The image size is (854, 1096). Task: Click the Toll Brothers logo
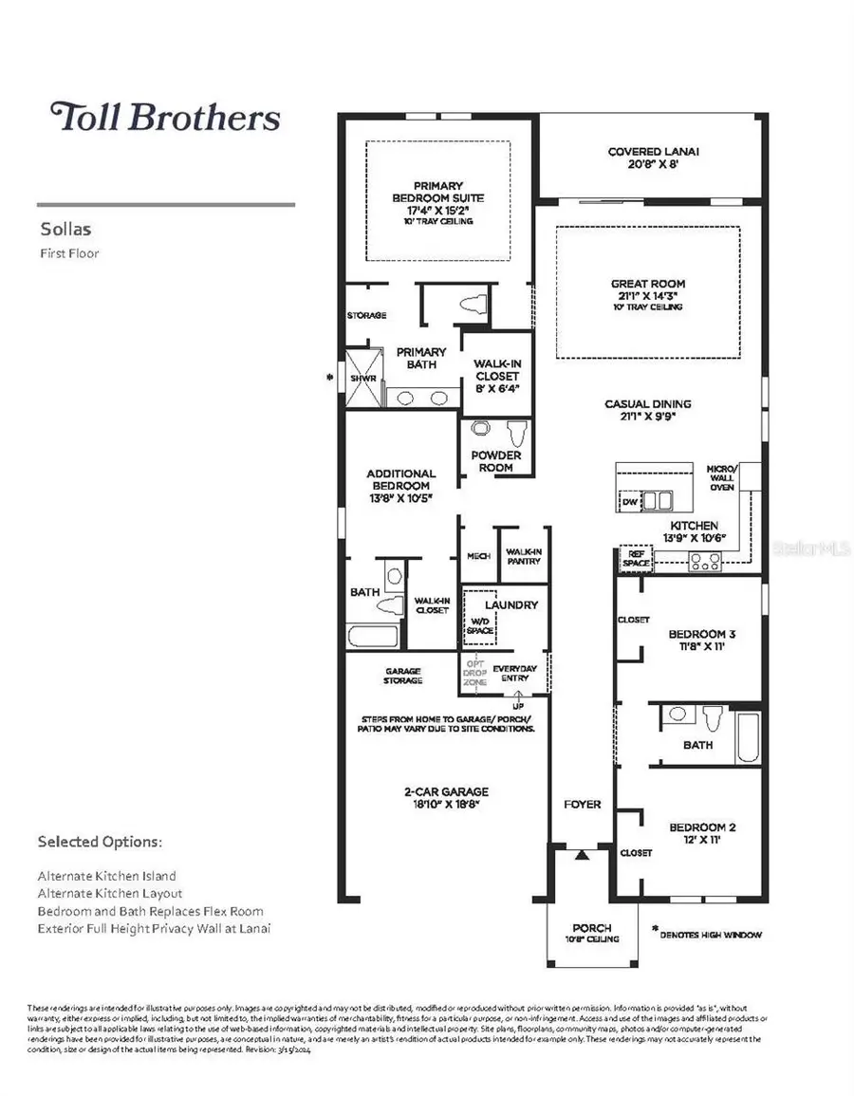tap(166, 117)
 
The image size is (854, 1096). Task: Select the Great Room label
tap(648, 288)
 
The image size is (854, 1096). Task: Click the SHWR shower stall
tap(363, 377)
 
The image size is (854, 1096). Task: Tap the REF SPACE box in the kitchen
tap(635, 559)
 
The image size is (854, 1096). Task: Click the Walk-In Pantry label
tap(524, 555)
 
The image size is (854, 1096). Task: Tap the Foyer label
tap(582, 804)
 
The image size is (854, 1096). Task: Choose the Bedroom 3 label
tap(703, 639)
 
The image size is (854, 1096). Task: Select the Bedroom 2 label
tap(703, 832)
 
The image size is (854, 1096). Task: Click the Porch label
tap(592, 932)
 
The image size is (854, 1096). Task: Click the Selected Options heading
tap(100, 842)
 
